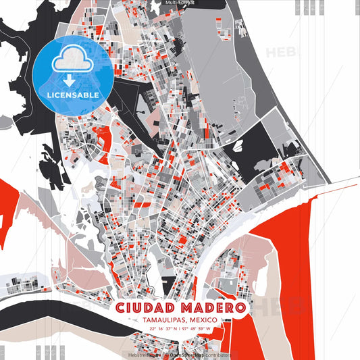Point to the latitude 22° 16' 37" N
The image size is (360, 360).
[x=165, y=329]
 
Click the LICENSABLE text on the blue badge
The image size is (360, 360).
[x=73, y=95]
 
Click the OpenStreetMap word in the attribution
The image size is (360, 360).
[x=188, y=354]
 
